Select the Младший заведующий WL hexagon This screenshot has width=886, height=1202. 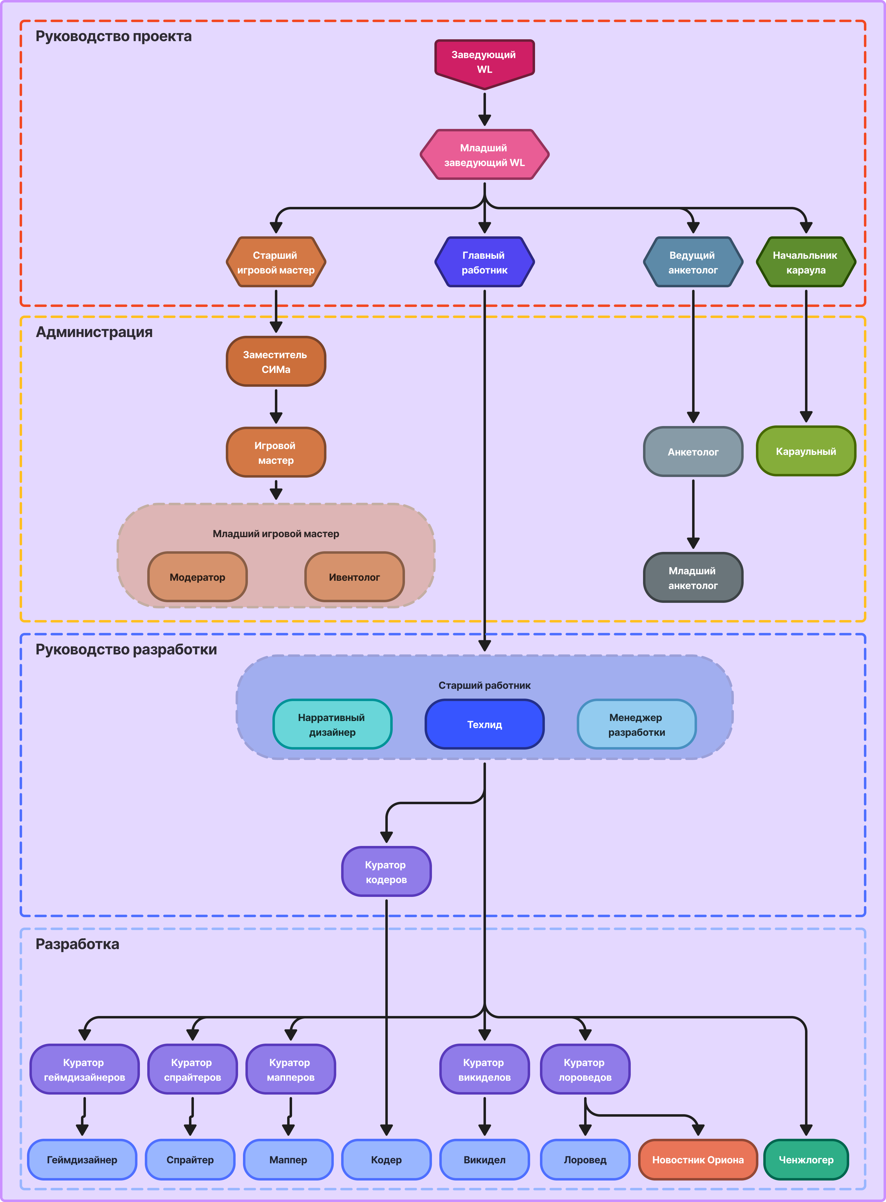pyautogui.click(x=484, y=154)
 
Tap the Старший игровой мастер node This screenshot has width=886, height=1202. pyautogui.click(x=276, y=262)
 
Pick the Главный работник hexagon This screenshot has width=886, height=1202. pyautogui.click(x=484, y=262)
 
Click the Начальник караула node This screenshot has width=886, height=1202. pyautogui.click(x=806, y=262)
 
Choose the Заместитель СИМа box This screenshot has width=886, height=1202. pyautogui.click(x=276, y=361)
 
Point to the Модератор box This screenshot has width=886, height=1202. pyautogui.click(x=197, y=577)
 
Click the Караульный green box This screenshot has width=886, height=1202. pyautogui.click(x=806, y=451)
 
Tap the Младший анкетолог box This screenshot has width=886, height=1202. pyautogui.click(x=693, y=577)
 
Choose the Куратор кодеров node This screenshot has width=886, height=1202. pyautogui.click(x=386, y=871)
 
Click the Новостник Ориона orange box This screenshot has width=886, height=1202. pyautogui.click(x=698, y=1160)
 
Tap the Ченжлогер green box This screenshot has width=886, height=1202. pyautogui.click(x=806, y=1160)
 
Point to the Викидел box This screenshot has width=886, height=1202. pyautogui.click(x=484, y=1160)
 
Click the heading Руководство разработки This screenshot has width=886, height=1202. pyautogui.click(x=126, y=650)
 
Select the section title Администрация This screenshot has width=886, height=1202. pyautogui.click(x=94, y=332)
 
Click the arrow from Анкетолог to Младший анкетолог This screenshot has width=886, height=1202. pyautogui.click(x=693, y=514)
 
